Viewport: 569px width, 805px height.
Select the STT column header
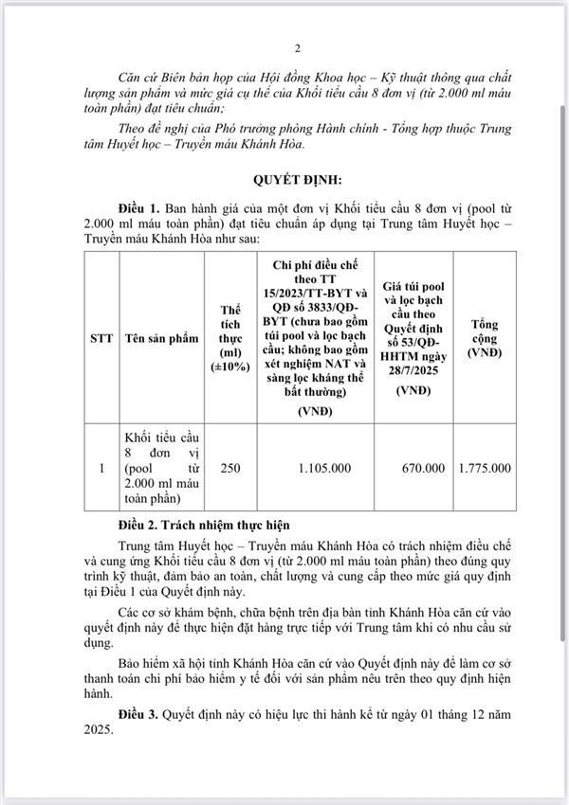coord(101,337)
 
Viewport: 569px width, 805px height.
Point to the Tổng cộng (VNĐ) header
coord(484,337)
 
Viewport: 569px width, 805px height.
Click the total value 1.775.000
coord(484,468)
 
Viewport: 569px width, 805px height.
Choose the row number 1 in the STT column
coord(101,468)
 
